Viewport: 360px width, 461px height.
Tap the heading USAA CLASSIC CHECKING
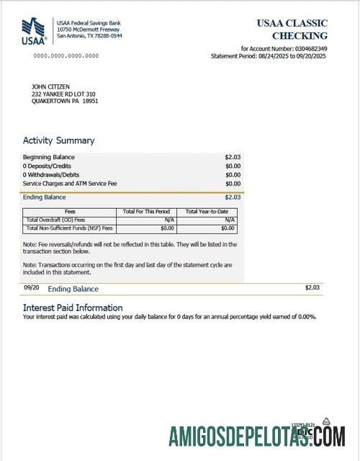[x=292, y=29]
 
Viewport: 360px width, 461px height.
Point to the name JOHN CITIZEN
[x=51, y=86]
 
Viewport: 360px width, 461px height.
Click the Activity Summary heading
[x=58, y=140]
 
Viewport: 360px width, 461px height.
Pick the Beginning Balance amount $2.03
[x=233, y=157]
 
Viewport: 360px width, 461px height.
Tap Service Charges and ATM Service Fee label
[x=70, y=183]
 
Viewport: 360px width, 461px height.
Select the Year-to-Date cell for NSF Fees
[x=228, y=228]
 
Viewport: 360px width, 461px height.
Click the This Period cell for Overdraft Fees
[x=170, y=220]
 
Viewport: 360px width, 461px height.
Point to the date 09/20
[x=31, y=287]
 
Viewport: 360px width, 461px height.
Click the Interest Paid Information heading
[x=73, y=308]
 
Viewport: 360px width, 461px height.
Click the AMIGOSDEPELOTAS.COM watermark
[x=257, y=436]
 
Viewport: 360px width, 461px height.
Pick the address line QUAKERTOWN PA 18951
[x=65, y=102]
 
